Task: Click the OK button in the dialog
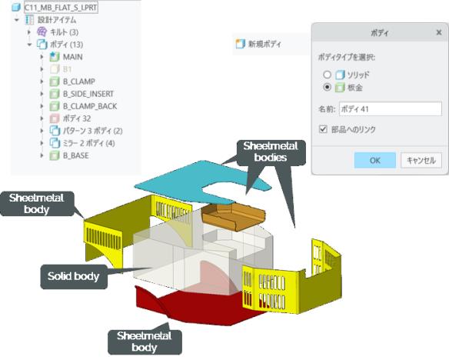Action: (x=375, y=160)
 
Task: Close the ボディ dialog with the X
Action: (x=439, y=32)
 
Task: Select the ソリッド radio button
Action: (x=327, y=75)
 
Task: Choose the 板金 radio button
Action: (x=327, y=87)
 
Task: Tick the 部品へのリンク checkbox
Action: (x=323, y=129)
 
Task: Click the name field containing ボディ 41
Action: (x=391, y=109)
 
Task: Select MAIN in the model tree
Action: (x=73, y=57)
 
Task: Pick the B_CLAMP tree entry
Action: (x=79, y=82)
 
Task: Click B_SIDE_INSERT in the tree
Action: (x=88, y=94)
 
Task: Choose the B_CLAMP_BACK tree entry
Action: (x=90, y=106)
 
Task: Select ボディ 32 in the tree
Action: (x=77, y=118)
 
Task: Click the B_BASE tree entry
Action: (x=75, y=156)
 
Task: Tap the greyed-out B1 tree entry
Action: (x=67, y=69)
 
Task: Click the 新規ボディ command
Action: (x=258, y=44)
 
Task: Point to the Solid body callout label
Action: (x=74, y=276)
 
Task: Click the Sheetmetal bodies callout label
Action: (x=271, y=152)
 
